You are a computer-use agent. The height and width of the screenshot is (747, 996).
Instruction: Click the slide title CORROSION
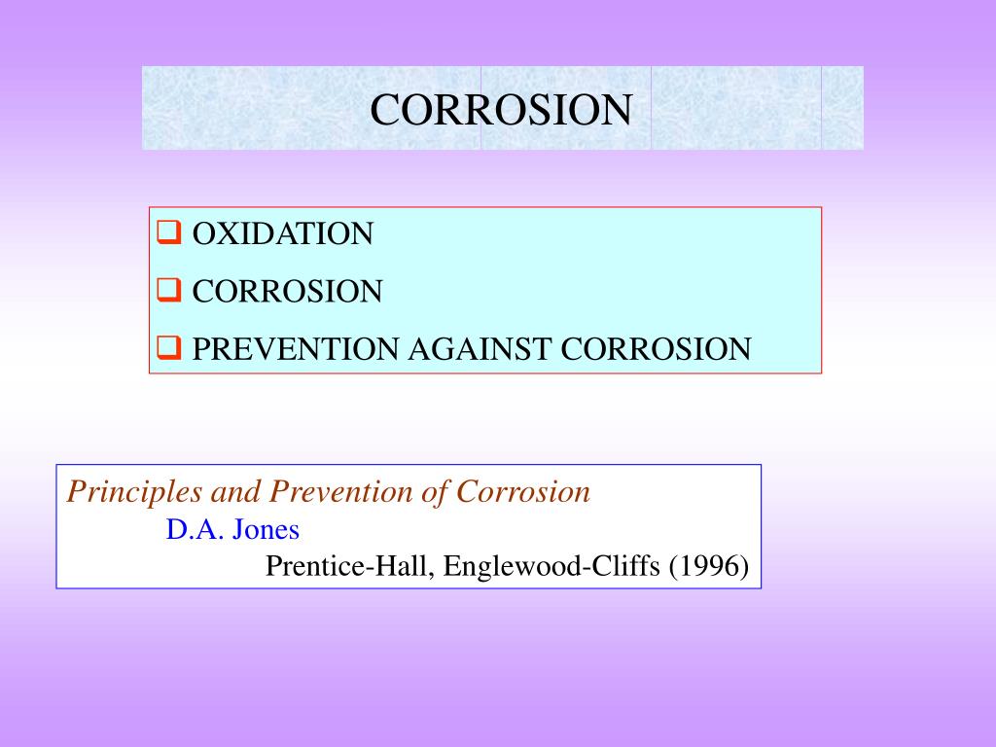(501, 109)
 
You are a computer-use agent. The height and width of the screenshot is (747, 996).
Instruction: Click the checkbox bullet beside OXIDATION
(168, 233)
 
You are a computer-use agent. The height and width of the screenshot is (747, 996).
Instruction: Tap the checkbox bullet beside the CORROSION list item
(168, 290)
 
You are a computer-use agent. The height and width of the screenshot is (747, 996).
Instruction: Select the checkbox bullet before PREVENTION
(168, 347)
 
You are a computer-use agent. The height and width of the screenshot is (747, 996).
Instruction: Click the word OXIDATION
(282, 234)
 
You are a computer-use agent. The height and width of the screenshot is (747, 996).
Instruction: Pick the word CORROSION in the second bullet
(287, 291)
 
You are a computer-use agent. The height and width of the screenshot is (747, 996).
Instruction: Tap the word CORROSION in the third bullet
(657, 348)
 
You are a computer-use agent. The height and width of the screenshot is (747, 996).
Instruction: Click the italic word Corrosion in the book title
(523, 492)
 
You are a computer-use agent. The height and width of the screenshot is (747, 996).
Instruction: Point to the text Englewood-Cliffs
(551, 566)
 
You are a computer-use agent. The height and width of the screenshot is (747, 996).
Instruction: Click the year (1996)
(708, 566)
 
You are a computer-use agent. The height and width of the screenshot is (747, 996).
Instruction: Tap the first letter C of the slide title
(383, 110)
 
